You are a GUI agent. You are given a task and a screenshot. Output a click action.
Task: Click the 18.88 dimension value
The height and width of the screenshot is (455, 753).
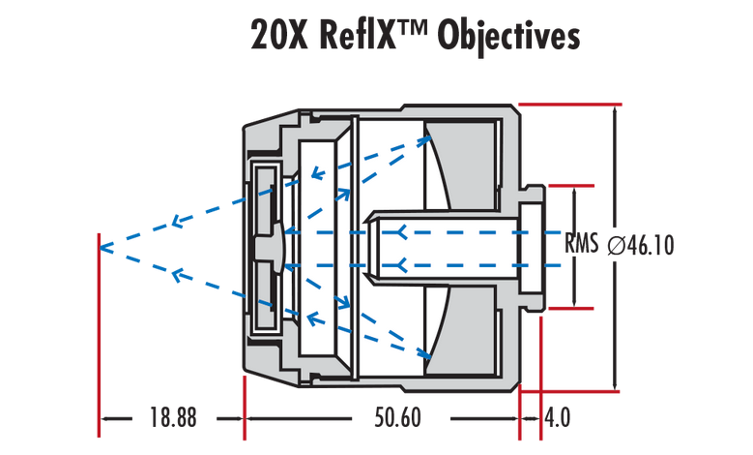coord(173,417)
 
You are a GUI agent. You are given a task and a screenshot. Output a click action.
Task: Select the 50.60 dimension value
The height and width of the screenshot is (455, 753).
coord(397,417)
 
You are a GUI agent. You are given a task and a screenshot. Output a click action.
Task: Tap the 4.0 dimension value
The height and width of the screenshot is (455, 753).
coord(558,417)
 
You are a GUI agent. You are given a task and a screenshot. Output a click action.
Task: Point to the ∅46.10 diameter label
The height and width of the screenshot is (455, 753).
coord(641,245)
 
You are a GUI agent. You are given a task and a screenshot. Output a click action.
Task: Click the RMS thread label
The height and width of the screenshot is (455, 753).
coord(581,243)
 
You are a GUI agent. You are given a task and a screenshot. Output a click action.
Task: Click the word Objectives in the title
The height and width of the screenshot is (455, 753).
coord(508,37)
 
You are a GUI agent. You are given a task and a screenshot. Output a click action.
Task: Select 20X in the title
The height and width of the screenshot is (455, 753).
coord(278,36)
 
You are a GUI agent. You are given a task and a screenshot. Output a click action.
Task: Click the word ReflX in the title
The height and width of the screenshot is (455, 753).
coord(358,36)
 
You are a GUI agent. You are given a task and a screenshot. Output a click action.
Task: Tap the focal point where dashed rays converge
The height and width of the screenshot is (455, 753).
coord(100,248)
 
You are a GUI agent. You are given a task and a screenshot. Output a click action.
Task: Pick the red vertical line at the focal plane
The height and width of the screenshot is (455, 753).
coord(99,335)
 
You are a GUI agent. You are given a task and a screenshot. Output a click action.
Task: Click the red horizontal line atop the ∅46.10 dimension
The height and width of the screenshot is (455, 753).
coord(570,105)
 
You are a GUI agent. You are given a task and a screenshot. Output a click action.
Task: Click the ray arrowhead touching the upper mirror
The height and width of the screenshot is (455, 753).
coord(425,140)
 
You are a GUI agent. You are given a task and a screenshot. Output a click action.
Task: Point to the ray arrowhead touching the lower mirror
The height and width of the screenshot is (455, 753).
coord(424,353)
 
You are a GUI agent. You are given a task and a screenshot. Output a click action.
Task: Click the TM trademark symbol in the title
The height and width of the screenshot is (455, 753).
coord(412,29)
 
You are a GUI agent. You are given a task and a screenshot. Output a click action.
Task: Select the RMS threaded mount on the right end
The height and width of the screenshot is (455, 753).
coord(532,248)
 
